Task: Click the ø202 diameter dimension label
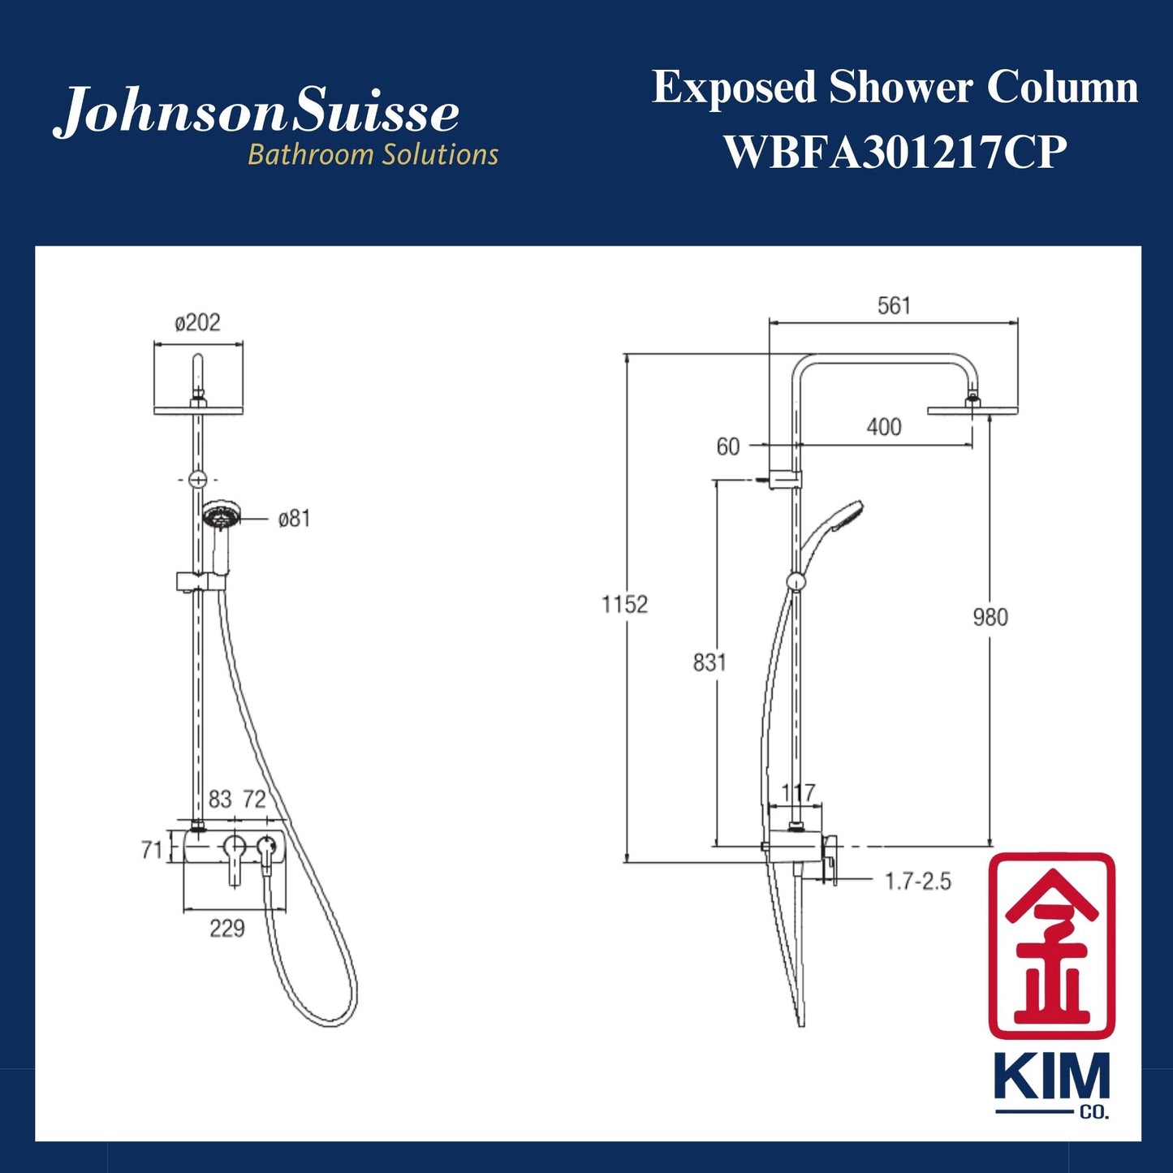[197, 323]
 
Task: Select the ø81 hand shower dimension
[294, 519]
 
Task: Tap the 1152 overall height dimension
[624, 605]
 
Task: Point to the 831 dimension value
[709, 663]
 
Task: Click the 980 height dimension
[990, 618]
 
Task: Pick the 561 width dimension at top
[894, 306]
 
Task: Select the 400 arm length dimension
[884, 427]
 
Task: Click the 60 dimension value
[728, 446]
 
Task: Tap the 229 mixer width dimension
[227, 929]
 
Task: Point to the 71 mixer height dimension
[152, 850]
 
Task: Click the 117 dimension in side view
[798, 792]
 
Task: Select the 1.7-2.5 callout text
[917, 882]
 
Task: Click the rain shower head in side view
[972, 410]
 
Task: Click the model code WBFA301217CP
[895, 152]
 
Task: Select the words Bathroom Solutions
[373, 154]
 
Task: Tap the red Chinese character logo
[1051, 945]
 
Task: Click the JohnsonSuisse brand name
[257, 112]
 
